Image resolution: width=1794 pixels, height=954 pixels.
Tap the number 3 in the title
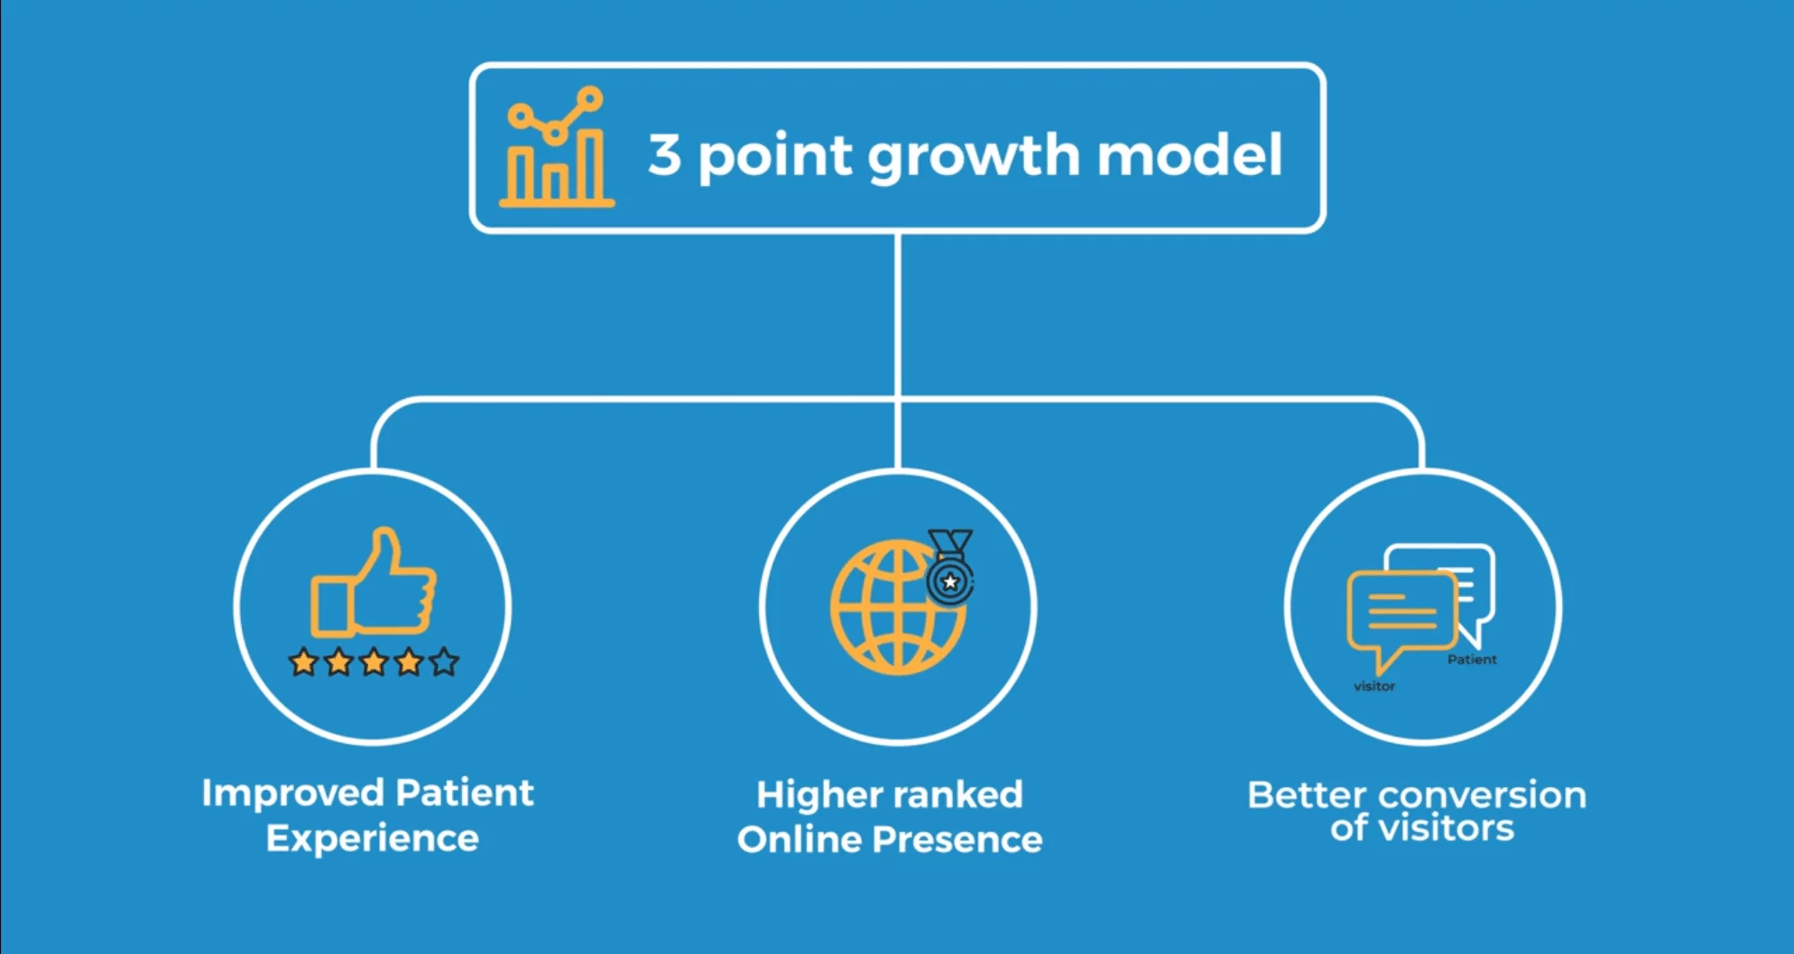point(664,154)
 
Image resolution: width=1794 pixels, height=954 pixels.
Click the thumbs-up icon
point(374,582)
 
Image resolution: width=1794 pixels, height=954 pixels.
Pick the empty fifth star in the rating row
point(444,662)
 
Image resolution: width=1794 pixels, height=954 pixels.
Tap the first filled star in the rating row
point(303,662)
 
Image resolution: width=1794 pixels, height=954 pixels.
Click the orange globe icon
point(896,607)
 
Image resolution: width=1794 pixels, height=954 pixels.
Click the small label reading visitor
point(1374,687)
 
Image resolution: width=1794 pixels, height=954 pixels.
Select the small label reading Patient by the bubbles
point(1472,660)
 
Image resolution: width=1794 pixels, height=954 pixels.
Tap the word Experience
point(373,838)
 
